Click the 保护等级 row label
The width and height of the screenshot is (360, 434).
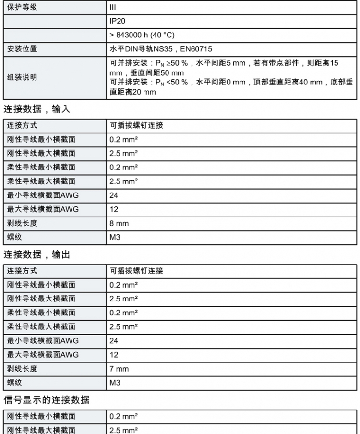pyautogui.click(x=22, y=8)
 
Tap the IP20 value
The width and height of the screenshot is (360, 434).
pyautogui.click(x=118, y=22)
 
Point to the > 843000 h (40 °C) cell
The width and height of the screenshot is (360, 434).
pyautogui.click(x=142, y=35)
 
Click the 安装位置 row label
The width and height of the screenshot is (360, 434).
pyautogui.click(x=22, y=49)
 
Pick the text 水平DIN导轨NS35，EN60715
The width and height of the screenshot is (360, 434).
pyautogui.click(x=161, y=49)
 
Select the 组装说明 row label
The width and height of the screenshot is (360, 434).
pyautogui.click(x=22, y=78)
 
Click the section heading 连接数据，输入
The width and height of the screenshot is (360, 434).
pyautogui.click(x=36, y=109)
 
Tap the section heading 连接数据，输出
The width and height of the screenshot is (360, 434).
pyautogui.click(x=36, y=255)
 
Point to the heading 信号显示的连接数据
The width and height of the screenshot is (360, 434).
pyautogui.click(x=46, y=400)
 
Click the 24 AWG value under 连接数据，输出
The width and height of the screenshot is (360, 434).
pyautogui.click(x=114, y=341)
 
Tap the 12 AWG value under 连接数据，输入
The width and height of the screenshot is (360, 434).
pyautogui.click(x=114, y=209)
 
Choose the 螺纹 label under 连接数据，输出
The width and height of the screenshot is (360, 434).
pyautogui.click(x=14, y=383)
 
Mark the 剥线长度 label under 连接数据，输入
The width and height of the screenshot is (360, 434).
pyautogui.click(x=22, y=223)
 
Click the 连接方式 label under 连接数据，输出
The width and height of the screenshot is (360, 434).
pyautogui.click(x=22, y=271)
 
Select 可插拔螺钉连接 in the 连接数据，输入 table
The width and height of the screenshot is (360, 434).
pyautogui.click(x=137, y=126)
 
